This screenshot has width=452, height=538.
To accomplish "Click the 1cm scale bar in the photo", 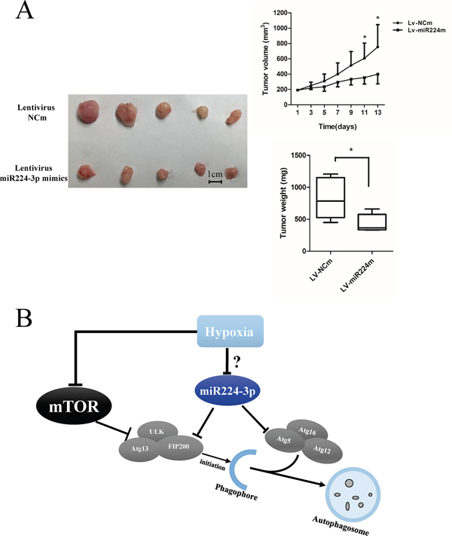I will coord(215,181).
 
